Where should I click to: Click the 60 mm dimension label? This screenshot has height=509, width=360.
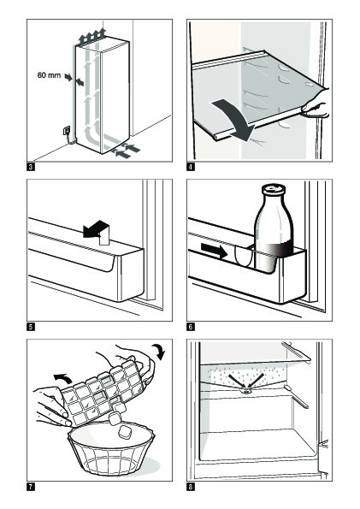point(49,75)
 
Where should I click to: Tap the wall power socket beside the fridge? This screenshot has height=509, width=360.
point(66,131)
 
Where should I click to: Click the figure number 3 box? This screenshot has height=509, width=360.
point(31,167)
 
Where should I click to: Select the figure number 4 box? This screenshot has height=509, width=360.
point(191,167)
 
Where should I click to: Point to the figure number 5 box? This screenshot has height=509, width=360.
point(31,327)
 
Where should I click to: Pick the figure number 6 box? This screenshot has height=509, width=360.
point(191,327)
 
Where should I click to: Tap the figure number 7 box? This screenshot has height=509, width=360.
point(31,487)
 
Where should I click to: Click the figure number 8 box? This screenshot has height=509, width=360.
point(191,487)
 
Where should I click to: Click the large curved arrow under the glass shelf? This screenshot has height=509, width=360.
point(237,117)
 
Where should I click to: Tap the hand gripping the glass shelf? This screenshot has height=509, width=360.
point(316,104)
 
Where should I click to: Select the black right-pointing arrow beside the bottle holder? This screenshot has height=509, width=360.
point(214,251)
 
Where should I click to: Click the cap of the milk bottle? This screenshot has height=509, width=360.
point(274,189)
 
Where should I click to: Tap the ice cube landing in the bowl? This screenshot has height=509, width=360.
point(124,432)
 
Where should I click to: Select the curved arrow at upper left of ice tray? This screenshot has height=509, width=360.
point(63,378)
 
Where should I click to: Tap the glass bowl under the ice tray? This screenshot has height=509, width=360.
point(111,450)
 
